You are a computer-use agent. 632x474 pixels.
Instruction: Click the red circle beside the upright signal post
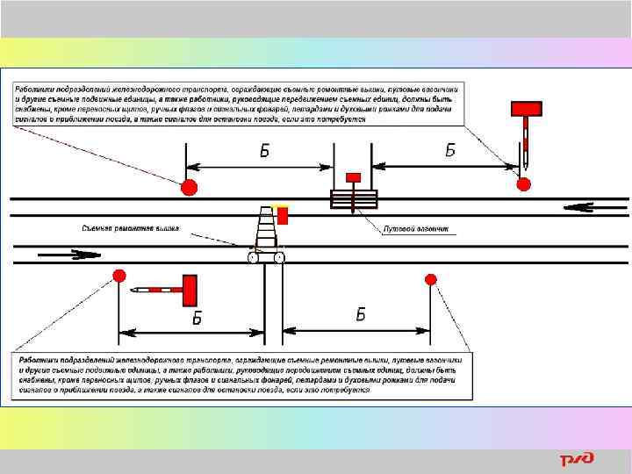point(524,183)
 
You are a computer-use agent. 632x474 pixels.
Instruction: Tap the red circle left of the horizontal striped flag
point(118,276)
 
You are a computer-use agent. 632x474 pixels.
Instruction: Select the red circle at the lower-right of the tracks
point(430,279)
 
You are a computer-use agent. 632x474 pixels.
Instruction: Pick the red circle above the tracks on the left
point(188,187)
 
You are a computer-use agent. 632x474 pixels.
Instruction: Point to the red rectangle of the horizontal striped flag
point(189,290)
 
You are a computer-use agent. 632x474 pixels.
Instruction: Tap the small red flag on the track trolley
point(353,177)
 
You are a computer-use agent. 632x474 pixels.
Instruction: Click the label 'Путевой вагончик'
point(416,229)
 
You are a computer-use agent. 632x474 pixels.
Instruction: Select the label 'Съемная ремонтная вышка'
point(130,228)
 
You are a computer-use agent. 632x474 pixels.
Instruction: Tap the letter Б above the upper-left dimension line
point(264,150)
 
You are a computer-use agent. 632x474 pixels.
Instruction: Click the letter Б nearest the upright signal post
point(450,150)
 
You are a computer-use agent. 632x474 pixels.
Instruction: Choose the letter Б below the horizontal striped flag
point(197,318)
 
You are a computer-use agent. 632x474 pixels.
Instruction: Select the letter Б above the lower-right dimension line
point(361,315)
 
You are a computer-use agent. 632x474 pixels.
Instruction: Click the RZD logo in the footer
point(577,459)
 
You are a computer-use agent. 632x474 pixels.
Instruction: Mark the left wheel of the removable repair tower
point(253,257)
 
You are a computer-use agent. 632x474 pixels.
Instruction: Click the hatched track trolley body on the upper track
point(353,198)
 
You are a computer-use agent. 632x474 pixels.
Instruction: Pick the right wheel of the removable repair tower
point(280,257)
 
